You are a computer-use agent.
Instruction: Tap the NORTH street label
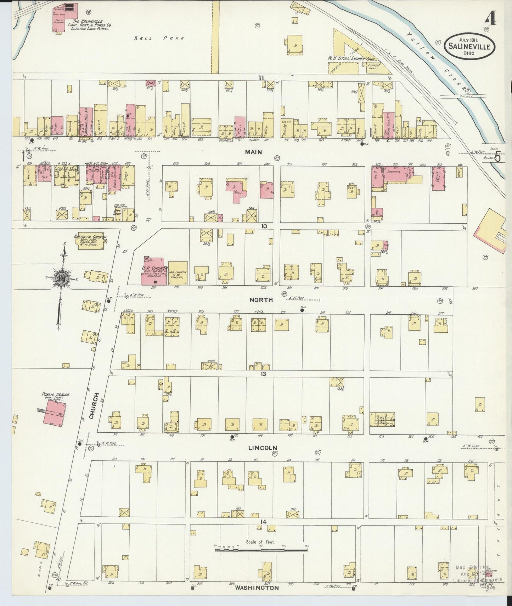pyautogui.click(x=261, y=300)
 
